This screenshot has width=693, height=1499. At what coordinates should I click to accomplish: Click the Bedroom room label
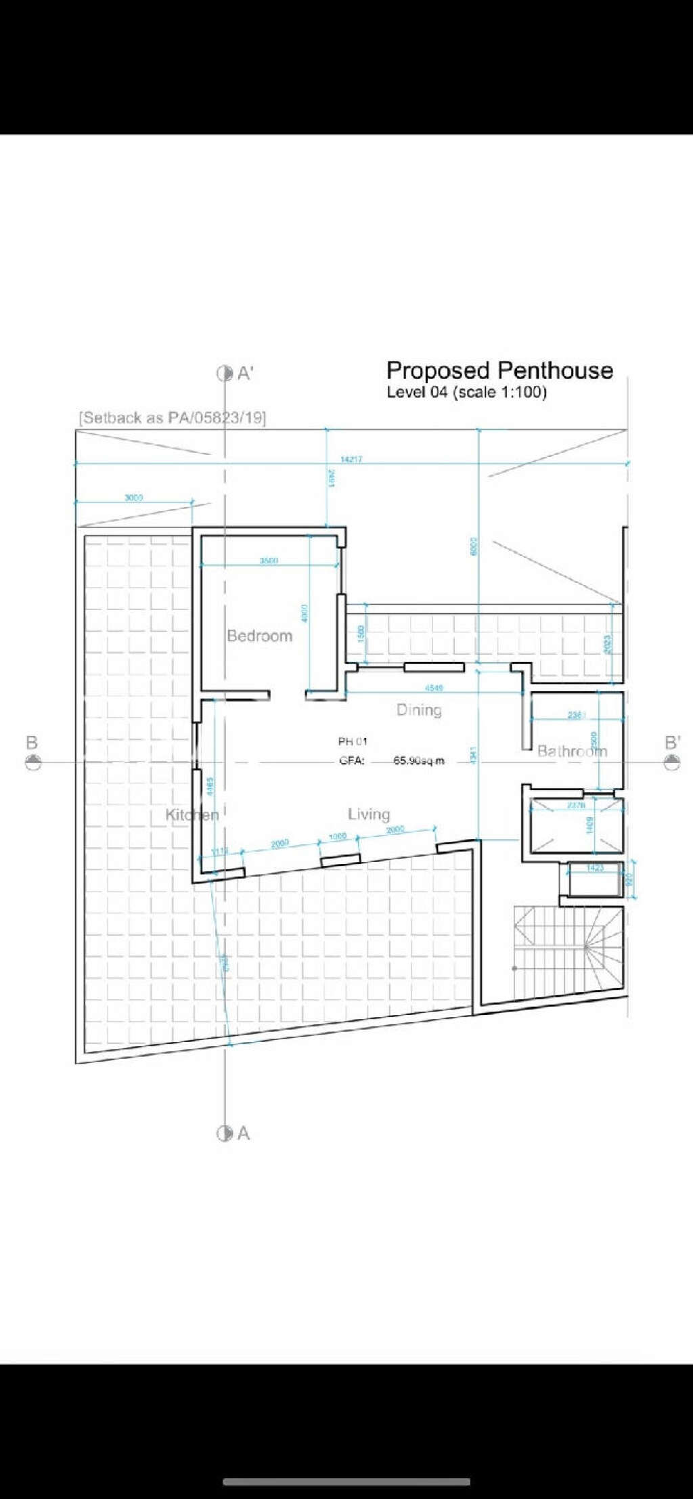tap(260, 636)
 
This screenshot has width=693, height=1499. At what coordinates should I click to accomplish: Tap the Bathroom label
tap(572, 751)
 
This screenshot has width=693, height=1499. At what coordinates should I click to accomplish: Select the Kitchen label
tap(192, 814)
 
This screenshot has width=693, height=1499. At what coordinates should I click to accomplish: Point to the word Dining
tap(419, 710)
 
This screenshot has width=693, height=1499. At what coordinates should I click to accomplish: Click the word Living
tap(369, 814)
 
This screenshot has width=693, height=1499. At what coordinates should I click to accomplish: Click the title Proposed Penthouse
tap(499, 370)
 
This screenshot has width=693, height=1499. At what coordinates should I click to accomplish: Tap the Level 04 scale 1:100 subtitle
tap(466, 392)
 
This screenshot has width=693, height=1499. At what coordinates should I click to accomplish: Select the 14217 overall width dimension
tap(351, 459)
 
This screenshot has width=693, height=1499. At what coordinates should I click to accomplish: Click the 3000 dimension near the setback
tap(134, 498)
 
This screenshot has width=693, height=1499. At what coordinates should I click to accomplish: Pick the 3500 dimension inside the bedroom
tap(269, 561)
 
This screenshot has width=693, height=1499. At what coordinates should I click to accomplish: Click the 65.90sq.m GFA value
tap(419, 761)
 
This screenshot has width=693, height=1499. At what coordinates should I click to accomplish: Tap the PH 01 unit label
tap(353, 742)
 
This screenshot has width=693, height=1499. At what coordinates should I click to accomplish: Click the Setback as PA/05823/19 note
tap(173, 418)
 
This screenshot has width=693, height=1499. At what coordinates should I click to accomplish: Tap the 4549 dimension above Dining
tap(434, 688)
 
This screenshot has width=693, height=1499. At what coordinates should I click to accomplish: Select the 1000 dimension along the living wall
tap(338, 836)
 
